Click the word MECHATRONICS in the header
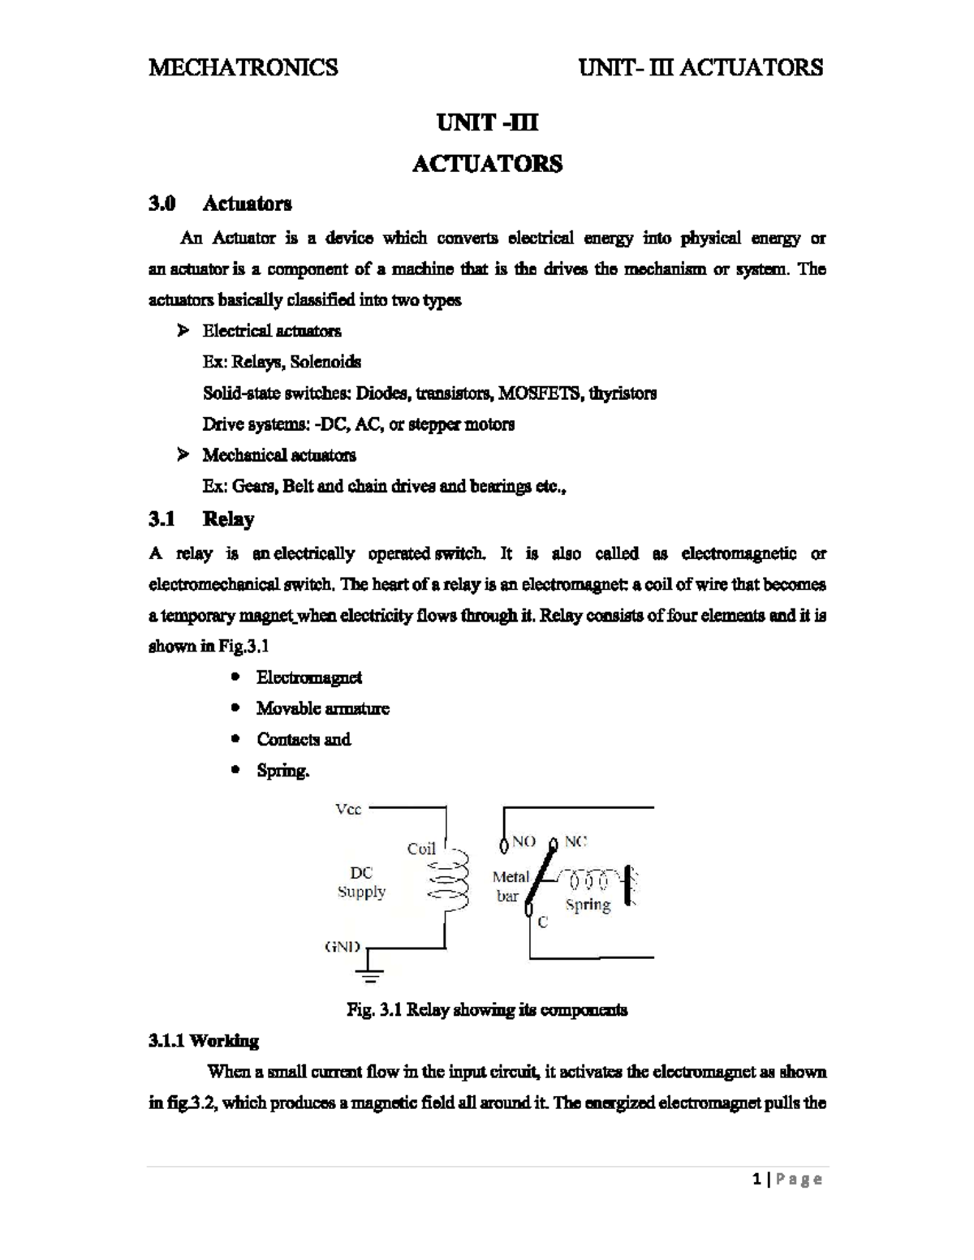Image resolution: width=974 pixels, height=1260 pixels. [x=243, y=67]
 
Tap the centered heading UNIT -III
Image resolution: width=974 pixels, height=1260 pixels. [x=487, y=123]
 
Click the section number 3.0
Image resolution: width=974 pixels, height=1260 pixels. [x=162, y=203]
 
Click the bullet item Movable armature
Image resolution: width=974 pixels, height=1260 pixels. [x=322, y=708]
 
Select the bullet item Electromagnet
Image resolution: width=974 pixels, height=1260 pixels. [x=308, y=677]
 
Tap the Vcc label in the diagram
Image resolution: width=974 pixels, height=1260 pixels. [x=348, y=809]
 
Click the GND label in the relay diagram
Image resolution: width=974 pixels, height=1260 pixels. [x=342, y=947]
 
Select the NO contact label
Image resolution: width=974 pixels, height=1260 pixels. [x=524, y=842]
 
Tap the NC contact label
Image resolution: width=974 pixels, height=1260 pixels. [x=575, y=841]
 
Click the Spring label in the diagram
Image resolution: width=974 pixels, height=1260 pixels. [x=588, y=905]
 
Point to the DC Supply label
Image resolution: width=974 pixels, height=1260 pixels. [x=361, y=882]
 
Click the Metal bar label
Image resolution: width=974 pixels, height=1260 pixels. [x=511, y=886]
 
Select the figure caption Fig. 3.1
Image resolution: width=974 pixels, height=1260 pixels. [x=486, y=1010]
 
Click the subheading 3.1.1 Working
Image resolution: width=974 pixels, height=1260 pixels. [x=204, y=1041]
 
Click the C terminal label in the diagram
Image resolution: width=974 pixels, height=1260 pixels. [x=543, y=922]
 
